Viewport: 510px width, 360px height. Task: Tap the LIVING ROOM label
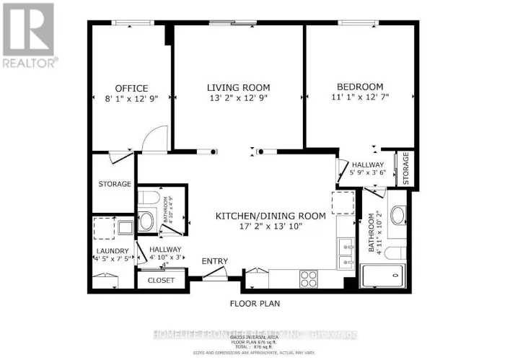tap(233, 88)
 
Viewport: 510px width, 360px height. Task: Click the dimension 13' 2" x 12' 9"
tap(233, 99)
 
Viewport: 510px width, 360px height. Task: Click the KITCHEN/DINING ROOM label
tap(271, 216)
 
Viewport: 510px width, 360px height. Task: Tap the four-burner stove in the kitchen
tap(309, 278)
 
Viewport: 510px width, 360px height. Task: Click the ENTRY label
tap(215, 261)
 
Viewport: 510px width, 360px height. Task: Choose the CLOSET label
tap(161, 280)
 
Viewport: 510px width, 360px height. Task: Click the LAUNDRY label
tap(112, 251)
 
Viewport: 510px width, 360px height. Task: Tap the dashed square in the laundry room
tap(104, 228)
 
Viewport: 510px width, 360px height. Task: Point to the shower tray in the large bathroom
tap(382, 276)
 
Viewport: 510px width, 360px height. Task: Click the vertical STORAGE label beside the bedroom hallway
tap(406, 167)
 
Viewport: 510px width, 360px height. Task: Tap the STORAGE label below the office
tap(115, 184)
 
